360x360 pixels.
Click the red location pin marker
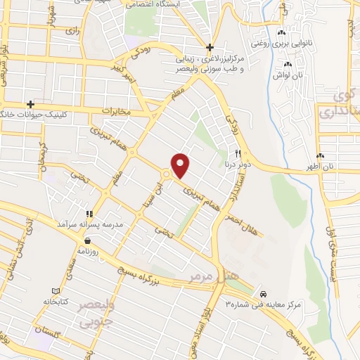(181, 165)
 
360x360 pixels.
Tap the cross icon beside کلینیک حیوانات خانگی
(30, 104)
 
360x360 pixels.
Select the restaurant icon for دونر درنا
(238, 154)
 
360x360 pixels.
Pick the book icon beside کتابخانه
(57, 290)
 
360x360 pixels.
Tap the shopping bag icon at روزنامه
(87, 240)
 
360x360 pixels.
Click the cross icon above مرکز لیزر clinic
(210, 46)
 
